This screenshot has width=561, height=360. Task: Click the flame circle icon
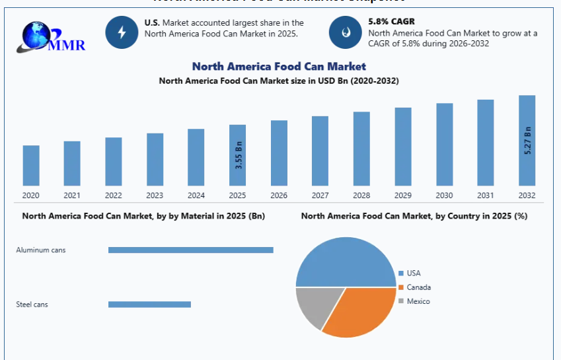click(346, 32)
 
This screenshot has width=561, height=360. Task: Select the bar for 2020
click(31, 165)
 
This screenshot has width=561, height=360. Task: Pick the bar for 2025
click(237, 155)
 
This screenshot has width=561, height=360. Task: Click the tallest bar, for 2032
click(527, 140)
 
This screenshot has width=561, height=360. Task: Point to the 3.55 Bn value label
click(239, 155)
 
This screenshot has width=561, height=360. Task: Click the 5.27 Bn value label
click(527, 140)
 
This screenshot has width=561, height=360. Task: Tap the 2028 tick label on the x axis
click(361, 196)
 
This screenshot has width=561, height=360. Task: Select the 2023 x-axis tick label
click(155, 196)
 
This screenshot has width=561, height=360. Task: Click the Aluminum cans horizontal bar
click(190, 250)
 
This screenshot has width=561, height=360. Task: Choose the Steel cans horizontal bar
click(149, 305)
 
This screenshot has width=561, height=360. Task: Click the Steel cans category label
click(32, 305)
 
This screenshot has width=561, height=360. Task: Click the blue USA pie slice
click(344, 264)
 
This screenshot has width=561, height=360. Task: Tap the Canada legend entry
click(418, 287)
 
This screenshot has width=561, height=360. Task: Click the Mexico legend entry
click(418, 301)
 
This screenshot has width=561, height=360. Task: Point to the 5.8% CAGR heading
click(391, 22)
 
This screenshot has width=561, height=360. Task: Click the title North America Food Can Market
click(279, 66)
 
